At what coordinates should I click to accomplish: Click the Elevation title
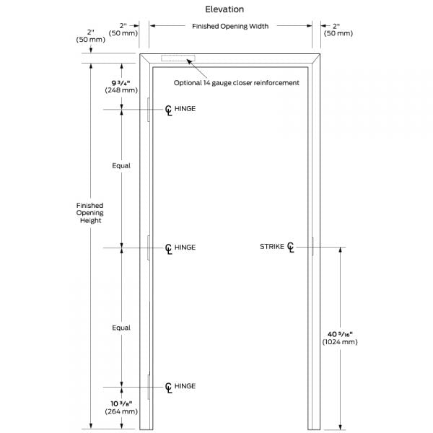pyautogui.click(x=224, y=10)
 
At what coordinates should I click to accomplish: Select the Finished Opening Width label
pyautogui.click(x=230, y=27)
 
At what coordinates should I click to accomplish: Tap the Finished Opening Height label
pyautogui.click(x=90, y=213)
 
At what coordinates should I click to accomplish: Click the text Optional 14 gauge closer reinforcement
pyautogui.click(x=236, y=83)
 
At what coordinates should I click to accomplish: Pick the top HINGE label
pyautogui.click(x=185, y=109)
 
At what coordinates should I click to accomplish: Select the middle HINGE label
pyautogui.click(x=185, y=248)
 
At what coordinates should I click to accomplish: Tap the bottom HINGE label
pyautogui.click(x=185, y=386)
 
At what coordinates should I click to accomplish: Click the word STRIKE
pyautogui.click(x=272, y=247)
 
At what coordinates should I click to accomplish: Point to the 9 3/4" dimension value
pyautogui.click(x=121, y=83)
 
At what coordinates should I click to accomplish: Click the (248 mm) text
pyautogui.click(x=121, y=92)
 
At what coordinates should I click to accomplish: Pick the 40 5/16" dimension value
pyautogui.click(x=340, y=333)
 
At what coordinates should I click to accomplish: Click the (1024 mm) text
pyautogui.click(x=340, y=342)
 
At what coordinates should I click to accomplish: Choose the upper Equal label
pyautogui.click(x=121, y=166)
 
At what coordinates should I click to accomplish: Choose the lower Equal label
pyautogui.click(x=121, y=328)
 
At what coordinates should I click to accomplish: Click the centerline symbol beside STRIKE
pyautogui.click(x=291, y=248)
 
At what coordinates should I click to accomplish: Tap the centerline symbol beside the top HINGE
pyautogui.click(x=168, y=110)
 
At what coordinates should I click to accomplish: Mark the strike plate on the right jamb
pyautogui.click(x=312, y=247)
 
